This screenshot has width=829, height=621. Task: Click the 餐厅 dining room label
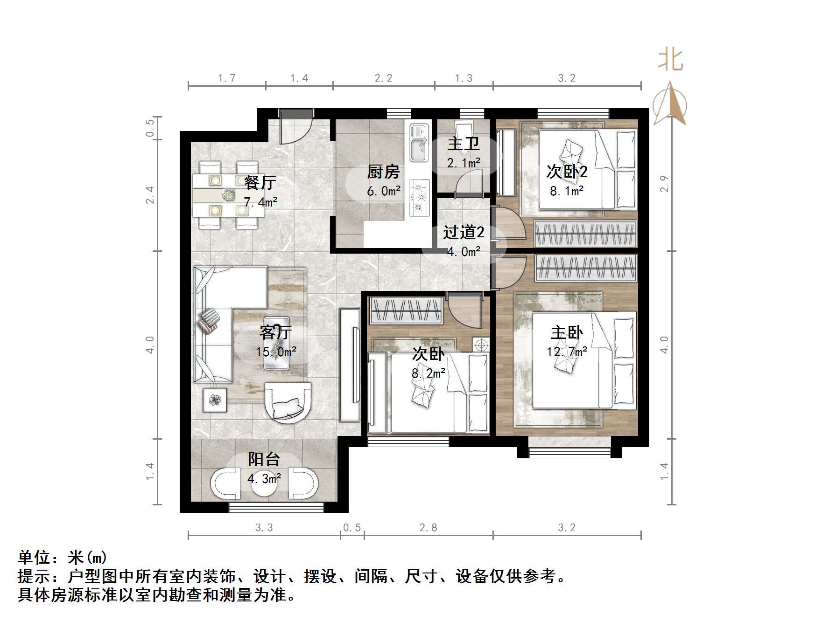click(x=260, y=182)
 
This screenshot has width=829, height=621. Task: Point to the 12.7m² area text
click(x=567, y=352)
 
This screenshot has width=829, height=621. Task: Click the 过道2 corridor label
click(x=464, y=232)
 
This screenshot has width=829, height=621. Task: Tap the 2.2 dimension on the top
click(x=383, y=78)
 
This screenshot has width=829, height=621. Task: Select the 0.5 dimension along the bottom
click(x=352, y=528)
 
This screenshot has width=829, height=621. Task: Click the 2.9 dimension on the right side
click(x=664, y=183)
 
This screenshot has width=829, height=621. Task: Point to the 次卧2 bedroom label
click(x=567, y=172)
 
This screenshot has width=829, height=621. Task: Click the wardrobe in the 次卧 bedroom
click(x=406, y=311)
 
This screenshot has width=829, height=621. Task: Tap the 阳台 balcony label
click(x=264, y=459)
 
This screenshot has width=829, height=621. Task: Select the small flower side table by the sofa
click(x=215, y=400)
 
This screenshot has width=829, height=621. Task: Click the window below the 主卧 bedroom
click(x=569, y=452)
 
